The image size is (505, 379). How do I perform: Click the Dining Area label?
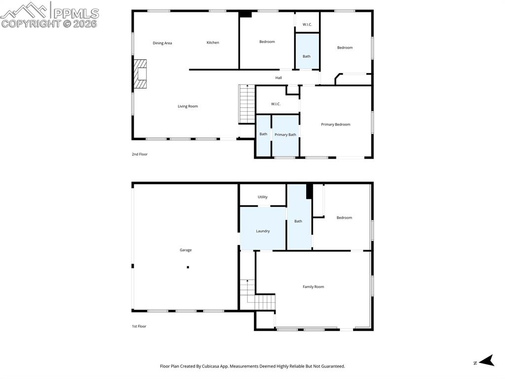click(x=162, y=43)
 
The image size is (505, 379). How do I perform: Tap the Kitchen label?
click(x=213, y=42)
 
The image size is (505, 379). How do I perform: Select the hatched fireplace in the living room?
click(x=141, y=74)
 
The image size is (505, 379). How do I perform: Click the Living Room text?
click(x=188, y=106)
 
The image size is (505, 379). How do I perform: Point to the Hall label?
click(x=279, y=78)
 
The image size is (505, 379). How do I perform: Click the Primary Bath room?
click(x=285, y=135)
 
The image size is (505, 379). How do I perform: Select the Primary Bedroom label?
click(x=335, y=125)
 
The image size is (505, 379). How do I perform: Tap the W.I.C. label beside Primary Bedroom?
click(x=276, y=104)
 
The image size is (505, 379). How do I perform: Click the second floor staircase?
click(x=247, y=104)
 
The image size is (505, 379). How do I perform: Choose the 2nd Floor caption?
click(x=140, y=154)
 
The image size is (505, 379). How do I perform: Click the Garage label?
click(x=185, y=250)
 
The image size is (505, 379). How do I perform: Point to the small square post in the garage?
click(x=188, y=267)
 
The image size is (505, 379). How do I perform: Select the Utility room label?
click(x=262, y=197)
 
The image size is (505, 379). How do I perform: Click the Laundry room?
click(x=263, y=231)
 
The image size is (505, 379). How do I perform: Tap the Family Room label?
click(x=313, y=287)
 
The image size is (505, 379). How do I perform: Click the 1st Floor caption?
click(x=139, y=326)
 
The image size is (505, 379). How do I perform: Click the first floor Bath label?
click(x=298, y=221)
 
